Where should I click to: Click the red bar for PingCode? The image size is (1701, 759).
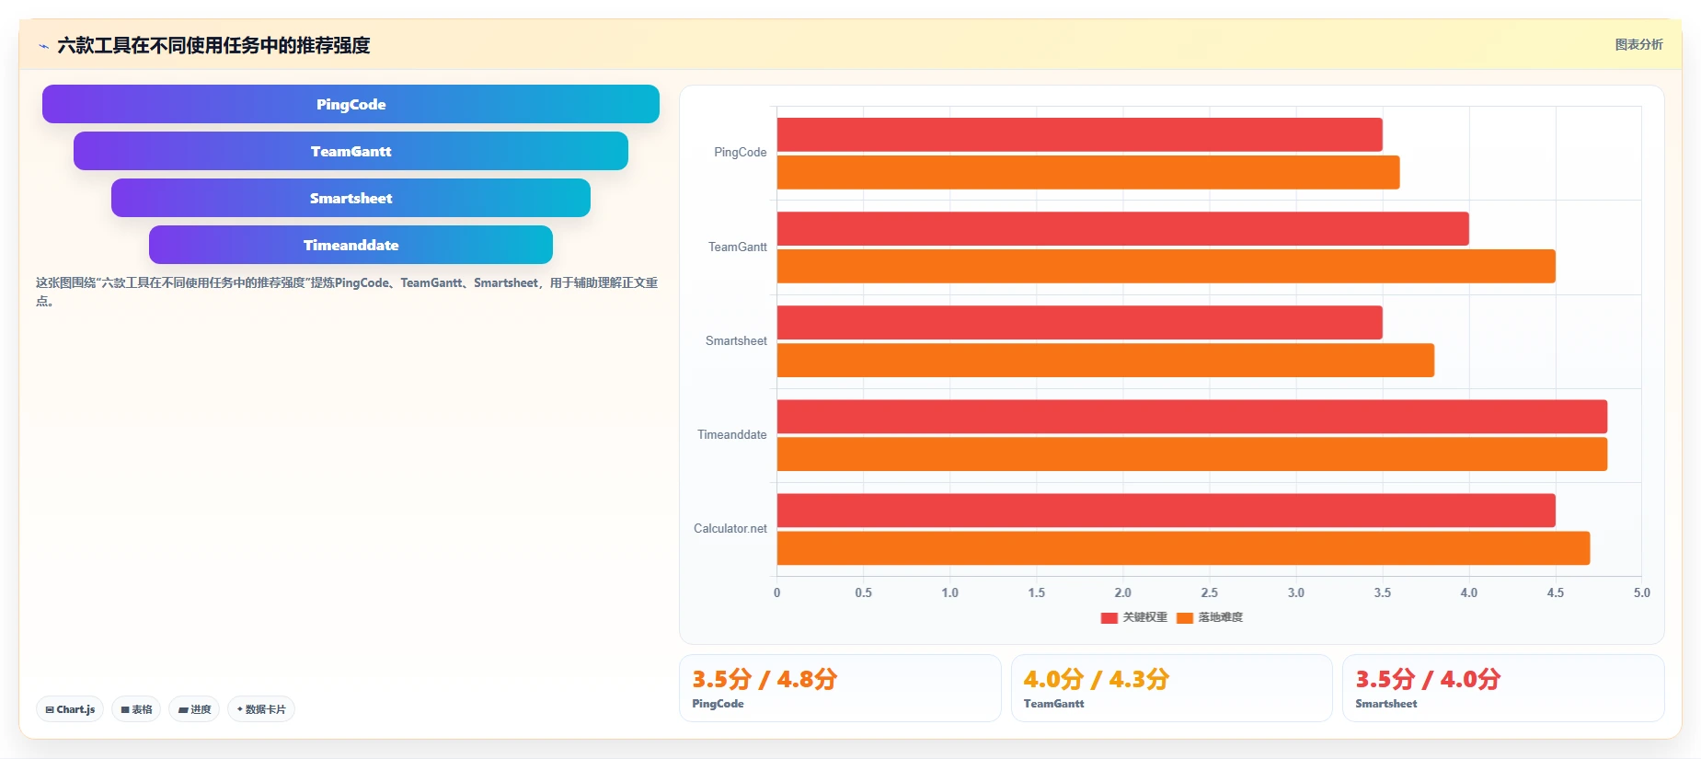point(1079,134)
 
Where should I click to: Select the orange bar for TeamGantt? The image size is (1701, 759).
point(1166,266)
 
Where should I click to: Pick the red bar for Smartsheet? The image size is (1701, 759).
point(1079,322)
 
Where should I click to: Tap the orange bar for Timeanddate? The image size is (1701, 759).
point(1192,454)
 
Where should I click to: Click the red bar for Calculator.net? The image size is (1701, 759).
point(1166,511)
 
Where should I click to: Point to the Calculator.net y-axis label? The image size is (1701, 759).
point(730,528)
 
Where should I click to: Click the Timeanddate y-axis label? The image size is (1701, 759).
point(731,434)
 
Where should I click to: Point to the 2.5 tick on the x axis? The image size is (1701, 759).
point(1209,592)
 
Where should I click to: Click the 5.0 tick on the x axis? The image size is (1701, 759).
point(1641,592)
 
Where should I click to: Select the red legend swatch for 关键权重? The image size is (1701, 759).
point(1109,617)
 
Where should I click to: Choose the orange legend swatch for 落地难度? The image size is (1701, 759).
point(1185,617)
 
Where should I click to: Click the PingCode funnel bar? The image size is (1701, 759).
point(351,104)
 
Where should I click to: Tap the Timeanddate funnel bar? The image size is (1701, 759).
point(351,245)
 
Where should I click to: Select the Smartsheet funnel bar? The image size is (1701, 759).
point(351,198)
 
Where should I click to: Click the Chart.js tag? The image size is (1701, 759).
point(70,709)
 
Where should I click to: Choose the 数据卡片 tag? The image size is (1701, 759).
point(261,709)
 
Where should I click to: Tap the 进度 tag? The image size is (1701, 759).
point(194,709)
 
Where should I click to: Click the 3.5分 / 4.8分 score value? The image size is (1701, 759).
point(764,679)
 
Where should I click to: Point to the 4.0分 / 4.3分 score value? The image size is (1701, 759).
point(1097,679)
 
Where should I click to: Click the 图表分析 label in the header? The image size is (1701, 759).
point(1638,44)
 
